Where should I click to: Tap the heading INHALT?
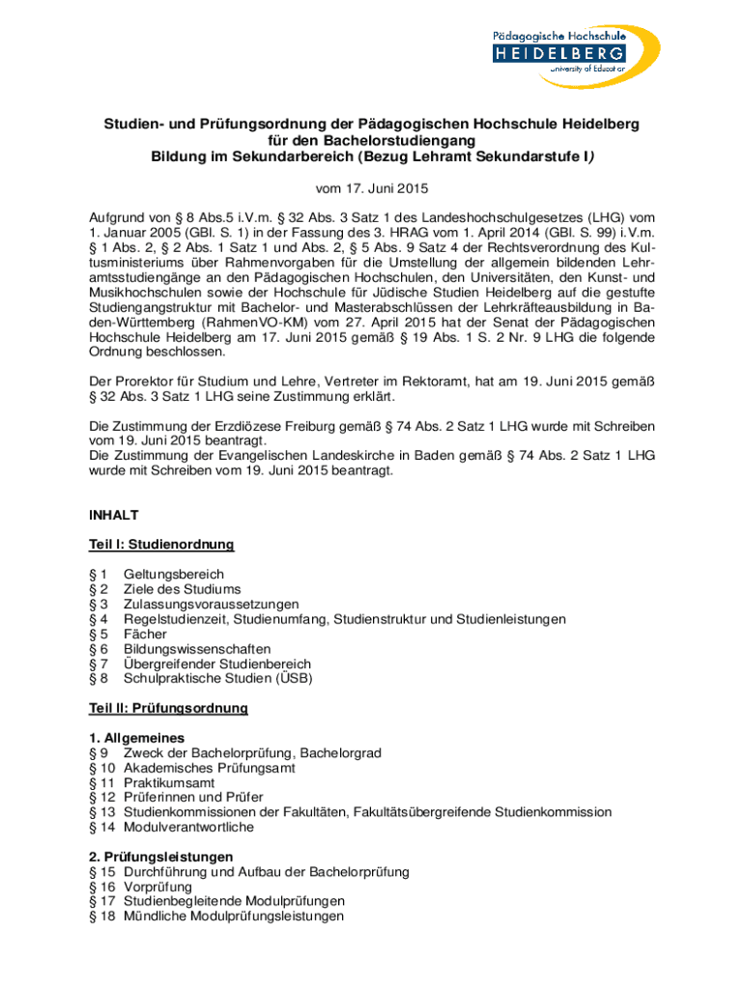[114, 515]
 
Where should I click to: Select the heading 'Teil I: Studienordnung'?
[161, 545]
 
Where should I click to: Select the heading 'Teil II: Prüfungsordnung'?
[168, 708]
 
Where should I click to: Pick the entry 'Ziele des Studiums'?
[183, 589]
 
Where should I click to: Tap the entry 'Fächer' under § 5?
[146, 634]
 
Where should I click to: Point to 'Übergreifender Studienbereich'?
[217, 664]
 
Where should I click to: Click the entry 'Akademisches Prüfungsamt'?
[210, 768]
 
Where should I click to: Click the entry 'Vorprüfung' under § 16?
[157, 887]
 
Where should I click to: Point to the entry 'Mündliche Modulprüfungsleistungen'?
[234, 916]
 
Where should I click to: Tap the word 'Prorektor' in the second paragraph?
[145, 381]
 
